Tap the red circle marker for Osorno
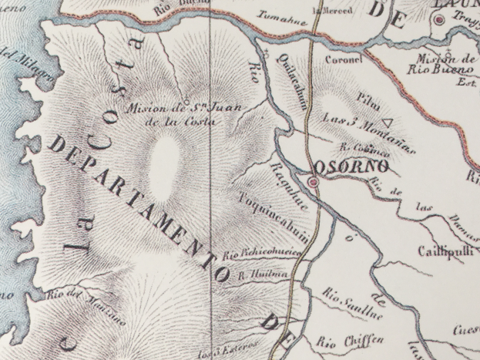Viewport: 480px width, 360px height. (313, 182)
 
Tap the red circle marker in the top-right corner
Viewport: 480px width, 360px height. (440, 22)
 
